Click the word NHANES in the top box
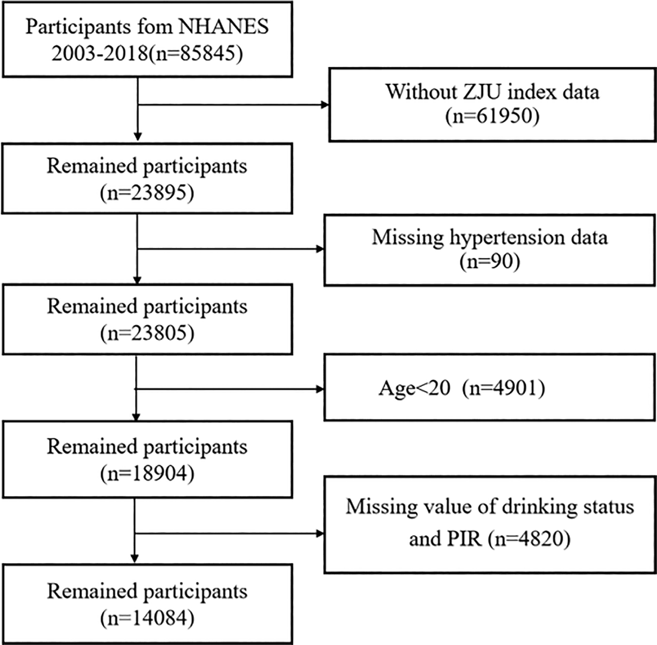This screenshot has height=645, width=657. [x=223, y=26]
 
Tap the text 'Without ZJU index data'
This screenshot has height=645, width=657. [x=492, y=92]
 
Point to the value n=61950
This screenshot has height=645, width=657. [x=492, y=116]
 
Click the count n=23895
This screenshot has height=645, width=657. [x=147, y=193]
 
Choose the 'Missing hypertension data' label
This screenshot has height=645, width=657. [x=489, y=237]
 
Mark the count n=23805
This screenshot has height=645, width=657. [x=147, y=333]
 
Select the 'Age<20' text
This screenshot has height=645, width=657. [x=414, y=388]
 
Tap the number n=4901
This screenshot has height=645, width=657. [x=504, y=388]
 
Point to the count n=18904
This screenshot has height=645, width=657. [x=147, y=474]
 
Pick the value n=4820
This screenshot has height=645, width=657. [x=529, y=539]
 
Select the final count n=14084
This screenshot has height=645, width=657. [x=147, y=619]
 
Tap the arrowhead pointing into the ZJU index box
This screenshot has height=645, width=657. [x=325, y=105]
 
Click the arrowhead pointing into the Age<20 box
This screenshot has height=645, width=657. [x=320, y=389]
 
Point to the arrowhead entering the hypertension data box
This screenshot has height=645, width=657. [x=320, y=249]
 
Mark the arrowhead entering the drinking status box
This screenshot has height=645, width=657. [x=320, y=533]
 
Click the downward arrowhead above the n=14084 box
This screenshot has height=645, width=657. [x=134, y=559]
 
